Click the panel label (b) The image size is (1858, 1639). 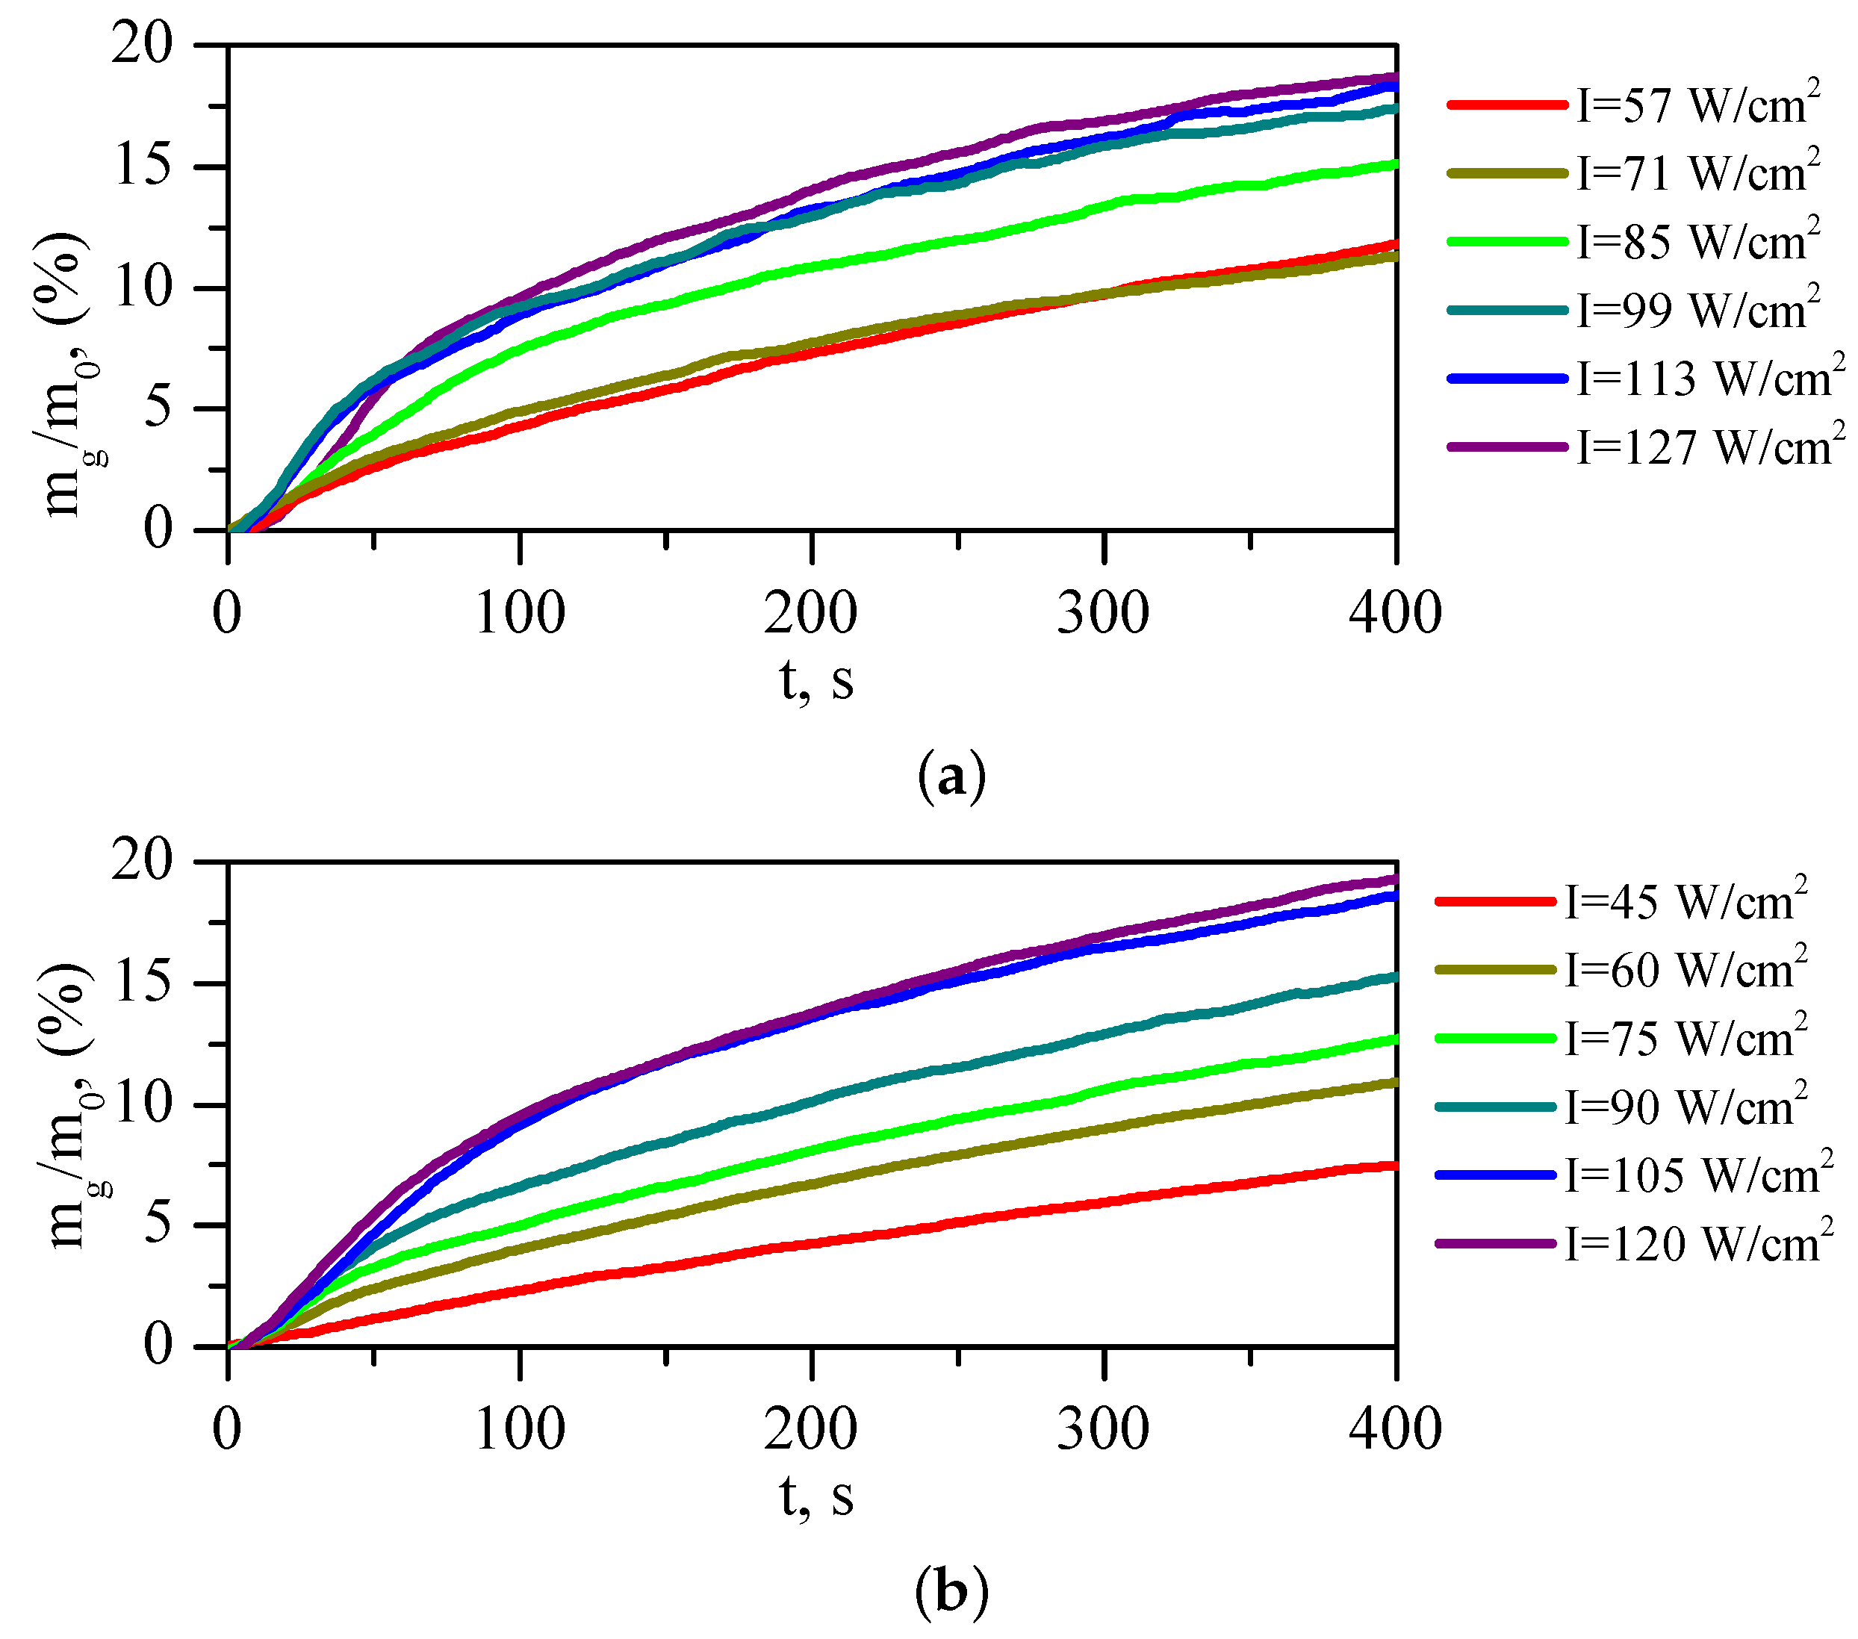[x=951, y=1593]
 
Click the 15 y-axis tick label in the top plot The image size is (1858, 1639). [x=143, y=167]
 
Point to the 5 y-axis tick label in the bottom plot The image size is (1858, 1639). [x=158, y=1225]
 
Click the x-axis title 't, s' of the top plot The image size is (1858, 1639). [x=816, y=680]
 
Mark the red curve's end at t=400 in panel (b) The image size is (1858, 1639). [x=1393, y=1166]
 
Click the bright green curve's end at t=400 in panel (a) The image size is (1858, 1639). [x=1393, y=164]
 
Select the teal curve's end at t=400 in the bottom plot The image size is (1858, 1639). [x=1393, y=977]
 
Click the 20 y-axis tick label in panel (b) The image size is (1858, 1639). [x=143, y=861]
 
